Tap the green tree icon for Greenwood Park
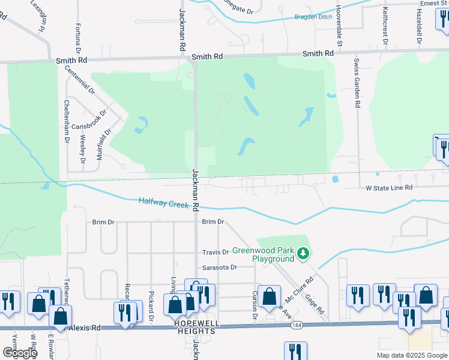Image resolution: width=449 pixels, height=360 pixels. (304, 254)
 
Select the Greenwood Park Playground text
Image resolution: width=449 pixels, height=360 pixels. (264, 254)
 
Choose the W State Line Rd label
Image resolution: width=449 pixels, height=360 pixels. (390, 188)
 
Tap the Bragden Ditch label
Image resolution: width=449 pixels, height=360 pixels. (313, 17)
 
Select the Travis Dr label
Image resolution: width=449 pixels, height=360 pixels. (216, 253)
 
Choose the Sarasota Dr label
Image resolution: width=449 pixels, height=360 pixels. (220, 267)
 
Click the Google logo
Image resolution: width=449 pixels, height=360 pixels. (19, 353)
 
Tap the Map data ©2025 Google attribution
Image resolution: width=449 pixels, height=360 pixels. (412, 355)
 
